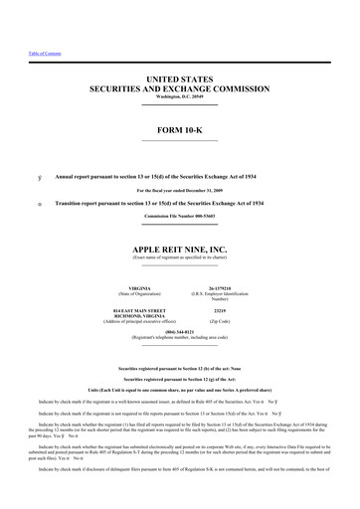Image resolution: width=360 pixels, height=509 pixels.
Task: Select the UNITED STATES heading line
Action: (x=180, y=77)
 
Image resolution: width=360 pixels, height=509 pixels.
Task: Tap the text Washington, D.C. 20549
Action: (x=180, y=97)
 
